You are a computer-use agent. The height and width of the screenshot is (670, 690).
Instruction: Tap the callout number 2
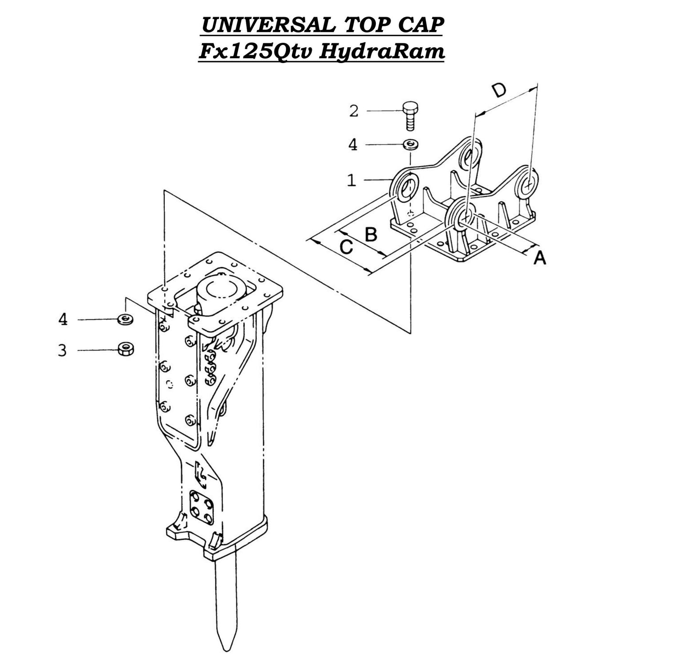353,111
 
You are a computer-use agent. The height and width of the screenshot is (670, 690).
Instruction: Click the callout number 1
351,180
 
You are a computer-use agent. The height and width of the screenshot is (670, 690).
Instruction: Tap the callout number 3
63,350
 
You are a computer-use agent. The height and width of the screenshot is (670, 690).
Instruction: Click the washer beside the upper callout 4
410,144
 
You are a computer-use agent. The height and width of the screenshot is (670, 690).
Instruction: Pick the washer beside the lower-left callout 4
126,319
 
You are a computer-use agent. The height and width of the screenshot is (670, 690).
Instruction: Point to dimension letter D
499,90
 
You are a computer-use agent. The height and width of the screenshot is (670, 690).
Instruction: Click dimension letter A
539,258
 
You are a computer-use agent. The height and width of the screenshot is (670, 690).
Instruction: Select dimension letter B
371,234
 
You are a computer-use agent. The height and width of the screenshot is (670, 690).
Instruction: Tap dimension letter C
346,247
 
